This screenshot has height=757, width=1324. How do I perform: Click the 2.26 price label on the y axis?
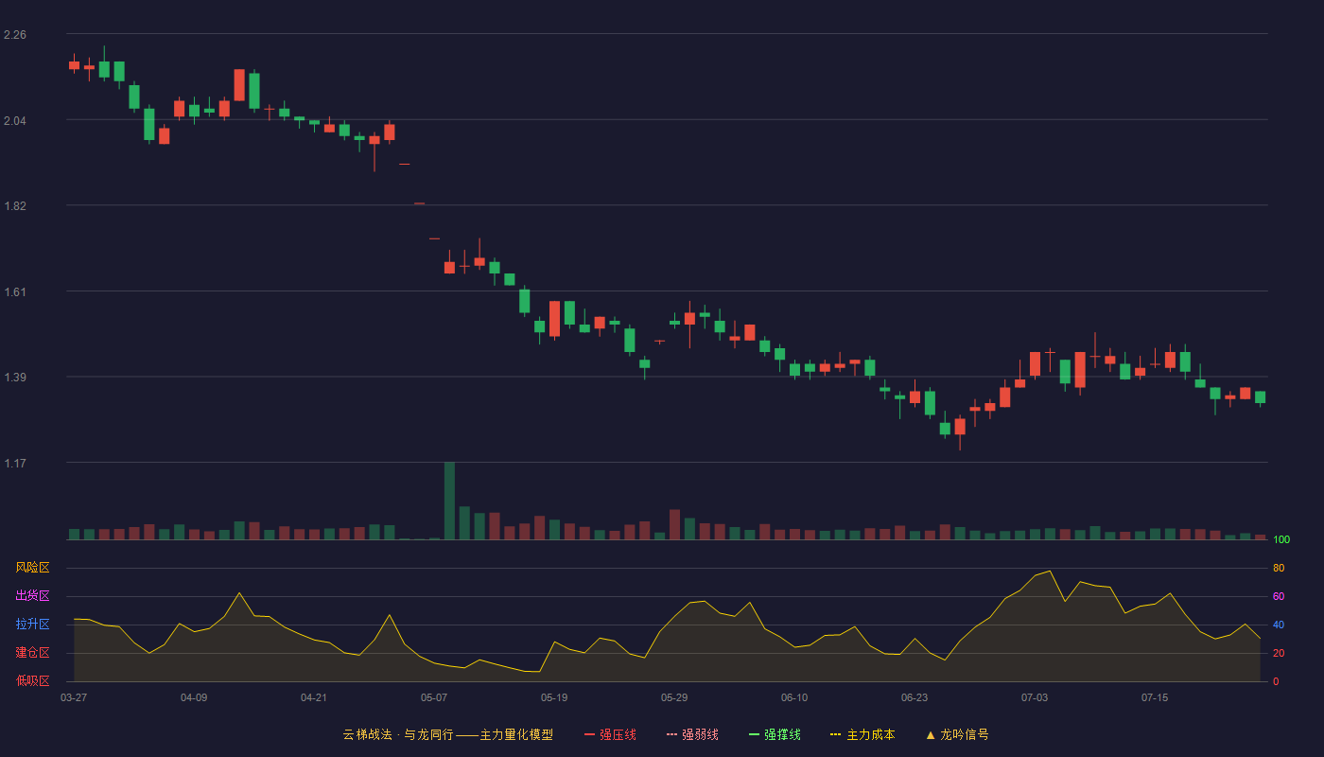15,35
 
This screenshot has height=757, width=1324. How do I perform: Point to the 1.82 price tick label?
15,206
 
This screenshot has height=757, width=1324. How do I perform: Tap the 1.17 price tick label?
15,463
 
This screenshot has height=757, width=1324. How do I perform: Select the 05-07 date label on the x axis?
434,698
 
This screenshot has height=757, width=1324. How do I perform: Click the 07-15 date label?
1155,698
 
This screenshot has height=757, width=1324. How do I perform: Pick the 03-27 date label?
74,698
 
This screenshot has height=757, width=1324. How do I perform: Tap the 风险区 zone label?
32,568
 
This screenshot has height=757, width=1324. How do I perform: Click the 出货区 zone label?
32,595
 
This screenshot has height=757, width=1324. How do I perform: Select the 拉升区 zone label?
32,624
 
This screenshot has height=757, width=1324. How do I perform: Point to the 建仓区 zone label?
32,652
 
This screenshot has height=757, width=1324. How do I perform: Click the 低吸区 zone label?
32,680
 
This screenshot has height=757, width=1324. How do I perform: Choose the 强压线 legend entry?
610,734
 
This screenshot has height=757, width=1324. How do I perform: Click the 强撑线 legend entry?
775,734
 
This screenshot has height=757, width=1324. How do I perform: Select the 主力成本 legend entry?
862,734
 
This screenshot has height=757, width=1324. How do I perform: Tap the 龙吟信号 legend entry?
957,734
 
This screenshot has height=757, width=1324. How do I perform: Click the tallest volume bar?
450,501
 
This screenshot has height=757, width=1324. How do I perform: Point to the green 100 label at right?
1281,539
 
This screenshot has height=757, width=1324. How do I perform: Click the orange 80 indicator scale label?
1279,568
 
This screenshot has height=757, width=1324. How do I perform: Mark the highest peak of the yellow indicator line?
1050,572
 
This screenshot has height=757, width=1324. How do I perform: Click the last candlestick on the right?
1260,397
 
